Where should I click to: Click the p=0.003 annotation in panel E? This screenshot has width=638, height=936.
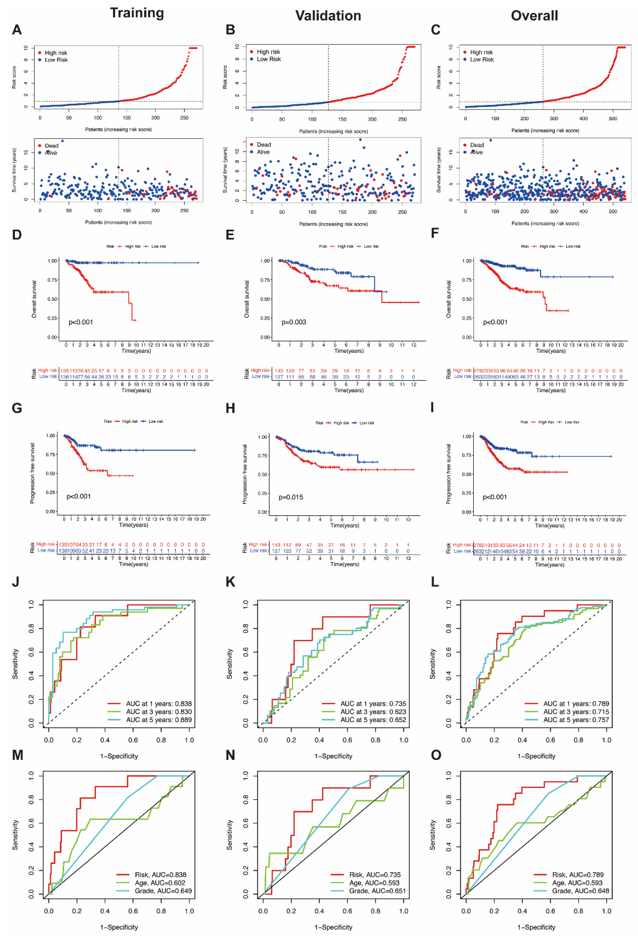pyautogui.click(x=294, y=322)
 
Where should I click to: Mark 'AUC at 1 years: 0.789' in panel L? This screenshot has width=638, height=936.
pyautogui.click(x=576, y=704)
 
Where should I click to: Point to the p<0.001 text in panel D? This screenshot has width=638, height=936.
pyautogui.click(x=81, y=322)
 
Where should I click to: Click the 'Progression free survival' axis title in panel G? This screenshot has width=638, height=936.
pyautogui.click(x=32, y=473)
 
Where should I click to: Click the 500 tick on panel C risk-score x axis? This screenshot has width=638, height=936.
pyautogui.click(x=613, y=118)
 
